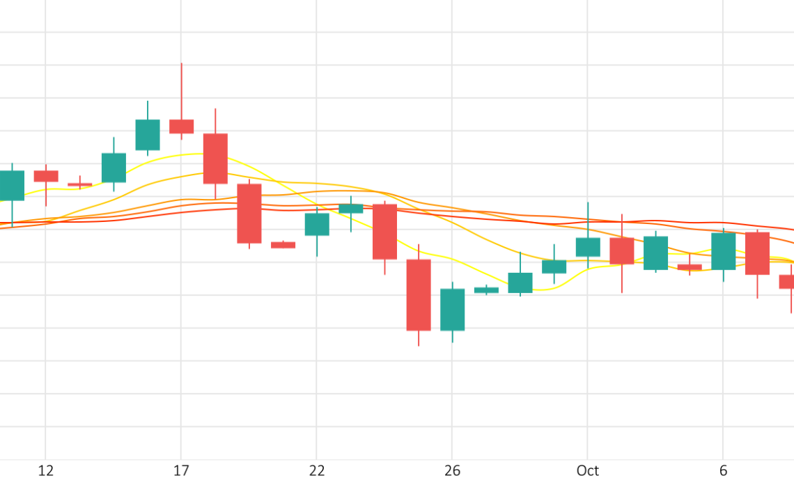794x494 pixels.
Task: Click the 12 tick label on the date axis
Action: pyautogui.click(x=46, y=471)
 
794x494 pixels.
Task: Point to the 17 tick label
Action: pyautogui.click(x=181, y=471)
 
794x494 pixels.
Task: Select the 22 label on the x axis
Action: pyautogui.click(x=317, y=471)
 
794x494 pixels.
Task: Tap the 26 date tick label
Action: pyautogui.click(x=452, y=471)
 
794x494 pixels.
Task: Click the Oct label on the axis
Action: pyautogui.click(x=587, y=471)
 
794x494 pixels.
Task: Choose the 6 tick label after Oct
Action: pyautogui.click(x=723, y=471)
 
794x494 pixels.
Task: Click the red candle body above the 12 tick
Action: pyautogui.click(x=46, y=176)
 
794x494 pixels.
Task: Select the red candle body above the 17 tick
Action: pyautogui.click(x=181, y=126)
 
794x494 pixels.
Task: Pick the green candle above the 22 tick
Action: pyautogui.click(x=317, y=224)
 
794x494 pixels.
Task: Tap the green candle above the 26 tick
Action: pyautogui.click(x=452, y=310)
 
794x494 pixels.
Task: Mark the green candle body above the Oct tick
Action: pyautogui.click(x=587, y=247)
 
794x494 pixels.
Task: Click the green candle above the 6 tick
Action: pyautogui.click(x=723, y=251)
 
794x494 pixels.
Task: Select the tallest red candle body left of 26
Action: pyautogui.click(x=419, y=295)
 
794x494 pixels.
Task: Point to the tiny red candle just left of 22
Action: pyautogui.click(x=283, y=245)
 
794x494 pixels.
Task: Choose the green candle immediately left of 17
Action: pyautogui.click(x=148, y=135)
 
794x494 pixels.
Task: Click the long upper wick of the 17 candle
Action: pyautogui.click(x=181, y=90)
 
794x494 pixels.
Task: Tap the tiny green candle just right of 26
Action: pyautogui.click(x=486, y=290)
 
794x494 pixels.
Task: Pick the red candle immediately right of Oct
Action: pyautogui.click(x=621, y=250)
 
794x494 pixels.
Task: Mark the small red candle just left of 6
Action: pyautogui.click(x=690, y=267)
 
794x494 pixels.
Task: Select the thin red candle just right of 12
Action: pyautogui.click(x=79, y=184)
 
